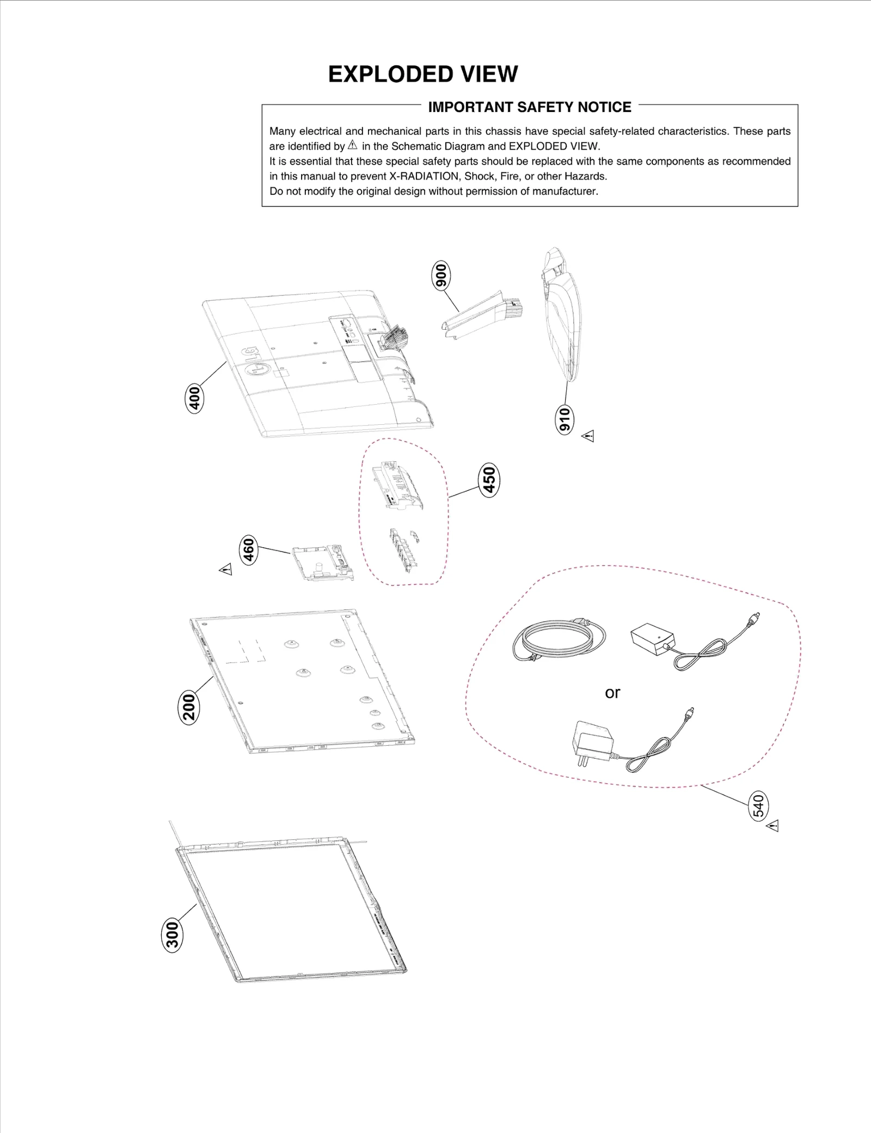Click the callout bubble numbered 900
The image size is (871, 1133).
[441, 275]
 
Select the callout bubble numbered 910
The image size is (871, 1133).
[565, 419]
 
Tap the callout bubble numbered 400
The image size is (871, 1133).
[194, 398]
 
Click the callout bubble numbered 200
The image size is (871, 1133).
[189, 708]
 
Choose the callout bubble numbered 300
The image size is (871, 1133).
[173, 936]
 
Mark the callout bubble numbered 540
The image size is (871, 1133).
[758, 806]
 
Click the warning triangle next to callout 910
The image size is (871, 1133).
[588, 436]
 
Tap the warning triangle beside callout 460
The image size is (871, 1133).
[225, 569]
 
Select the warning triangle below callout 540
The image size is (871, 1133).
[773, 826]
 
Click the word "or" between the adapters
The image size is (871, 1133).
[612, 693]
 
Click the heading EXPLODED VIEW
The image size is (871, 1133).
[423, 74]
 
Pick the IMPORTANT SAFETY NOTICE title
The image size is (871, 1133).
[529, 107]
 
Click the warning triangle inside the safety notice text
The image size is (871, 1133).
[353, 145]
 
